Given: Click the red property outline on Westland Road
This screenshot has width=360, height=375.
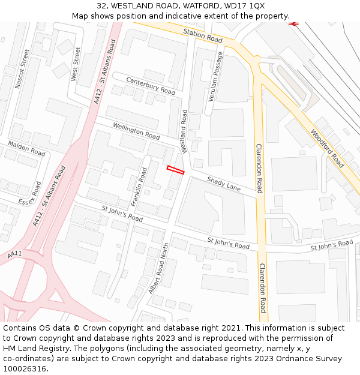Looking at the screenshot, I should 175,170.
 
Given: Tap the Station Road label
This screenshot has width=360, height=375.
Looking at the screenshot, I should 203,35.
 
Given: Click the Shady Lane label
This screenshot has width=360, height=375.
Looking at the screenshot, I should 224,184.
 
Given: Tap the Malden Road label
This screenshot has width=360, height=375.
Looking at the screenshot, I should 26,148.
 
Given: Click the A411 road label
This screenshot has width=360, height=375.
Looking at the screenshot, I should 14,254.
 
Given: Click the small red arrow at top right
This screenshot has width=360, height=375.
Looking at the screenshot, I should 293,24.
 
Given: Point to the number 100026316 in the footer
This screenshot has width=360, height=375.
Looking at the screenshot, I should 25,369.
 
